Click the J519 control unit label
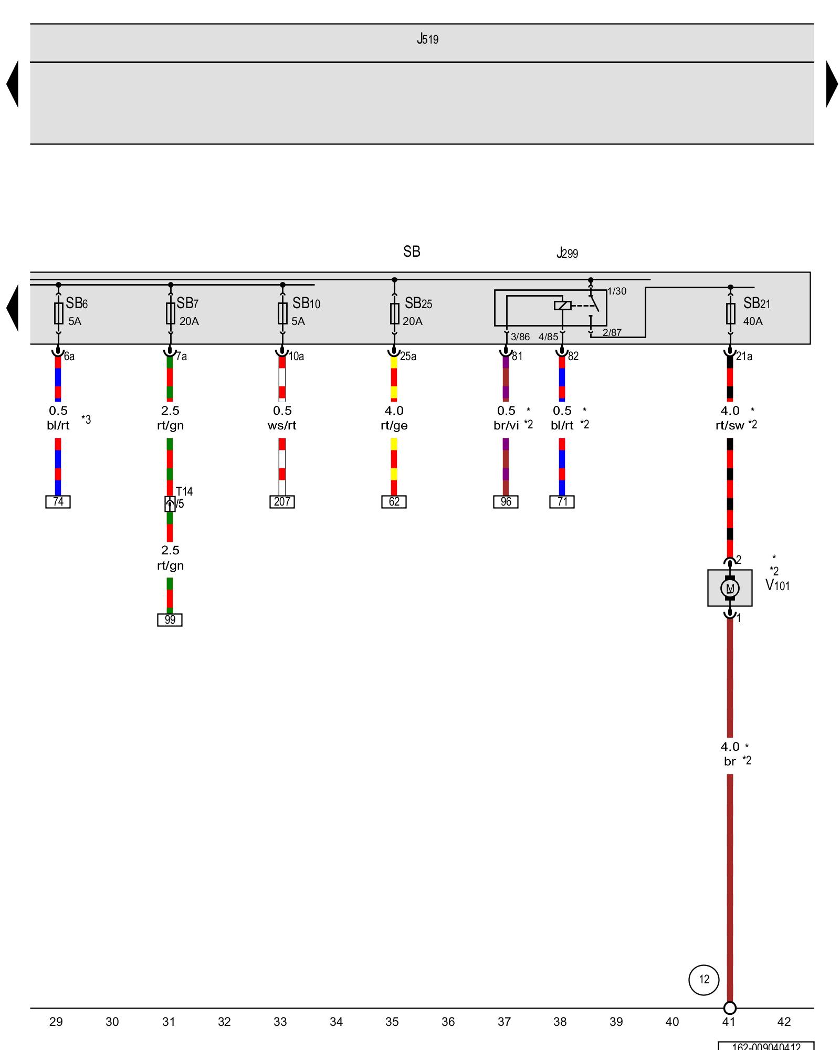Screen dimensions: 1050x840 pos(427,39)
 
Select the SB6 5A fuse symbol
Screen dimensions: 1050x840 pos(59,313)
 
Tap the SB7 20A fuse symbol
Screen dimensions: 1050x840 pos(171,313)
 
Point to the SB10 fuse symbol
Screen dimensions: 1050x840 pos(282,313)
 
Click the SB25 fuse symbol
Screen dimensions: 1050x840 pos(395,313)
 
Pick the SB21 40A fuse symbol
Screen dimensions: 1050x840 pos(730,313)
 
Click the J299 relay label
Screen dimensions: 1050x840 pos(567,253)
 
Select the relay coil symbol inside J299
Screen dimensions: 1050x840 pos(562,305)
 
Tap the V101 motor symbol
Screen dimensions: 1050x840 pos(730,588)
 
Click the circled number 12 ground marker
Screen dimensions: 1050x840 pos(703,980)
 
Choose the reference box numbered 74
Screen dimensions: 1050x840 pos(58,502)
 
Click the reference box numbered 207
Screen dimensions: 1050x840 pos(282,502)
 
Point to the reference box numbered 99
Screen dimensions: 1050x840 pos(170,620)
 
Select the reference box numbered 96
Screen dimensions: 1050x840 pos(506,502)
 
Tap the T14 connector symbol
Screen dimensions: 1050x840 pos(170,504)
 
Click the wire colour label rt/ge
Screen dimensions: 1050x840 pos(394,426)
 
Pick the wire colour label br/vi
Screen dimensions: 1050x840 pos(506,426)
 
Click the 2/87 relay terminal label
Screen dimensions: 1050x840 pos(612,332)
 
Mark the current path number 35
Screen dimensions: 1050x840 pos(392,1022)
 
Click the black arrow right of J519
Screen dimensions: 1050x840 pos(831,84)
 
